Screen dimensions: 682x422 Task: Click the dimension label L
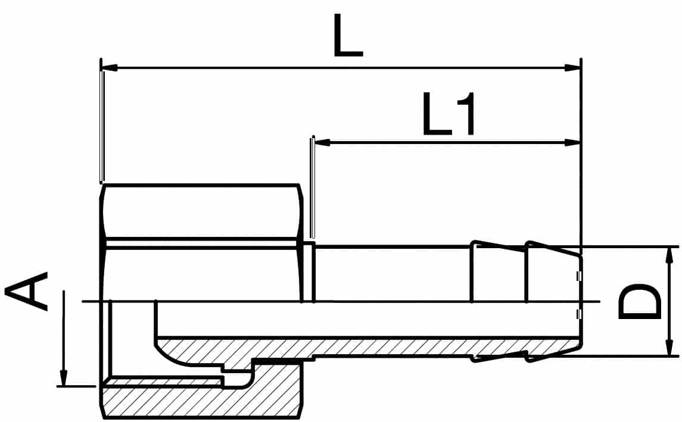[347, 36]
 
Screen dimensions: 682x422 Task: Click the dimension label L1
[449, 113]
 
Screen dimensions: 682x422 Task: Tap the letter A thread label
[26, 292]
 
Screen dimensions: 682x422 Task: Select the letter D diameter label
[639, 302]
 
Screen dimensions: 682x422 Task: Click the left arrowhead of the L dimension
[110, 68]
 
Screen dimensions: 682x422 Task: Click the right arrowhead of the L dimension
[572, 68]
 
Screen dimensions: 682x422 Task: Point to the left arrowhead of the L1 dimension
[322, 142]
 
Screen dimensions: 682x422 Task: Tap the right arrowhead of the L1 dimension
[572, 142]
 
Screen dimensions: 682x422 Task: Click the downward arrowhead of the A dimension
[64, 377]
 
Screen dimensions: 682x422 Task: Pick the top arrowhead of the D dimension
[667, 255]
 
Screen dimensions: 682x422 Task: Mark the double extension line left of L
[102, 126]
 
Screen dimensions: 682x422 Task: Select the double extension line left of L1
[312, 187]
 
